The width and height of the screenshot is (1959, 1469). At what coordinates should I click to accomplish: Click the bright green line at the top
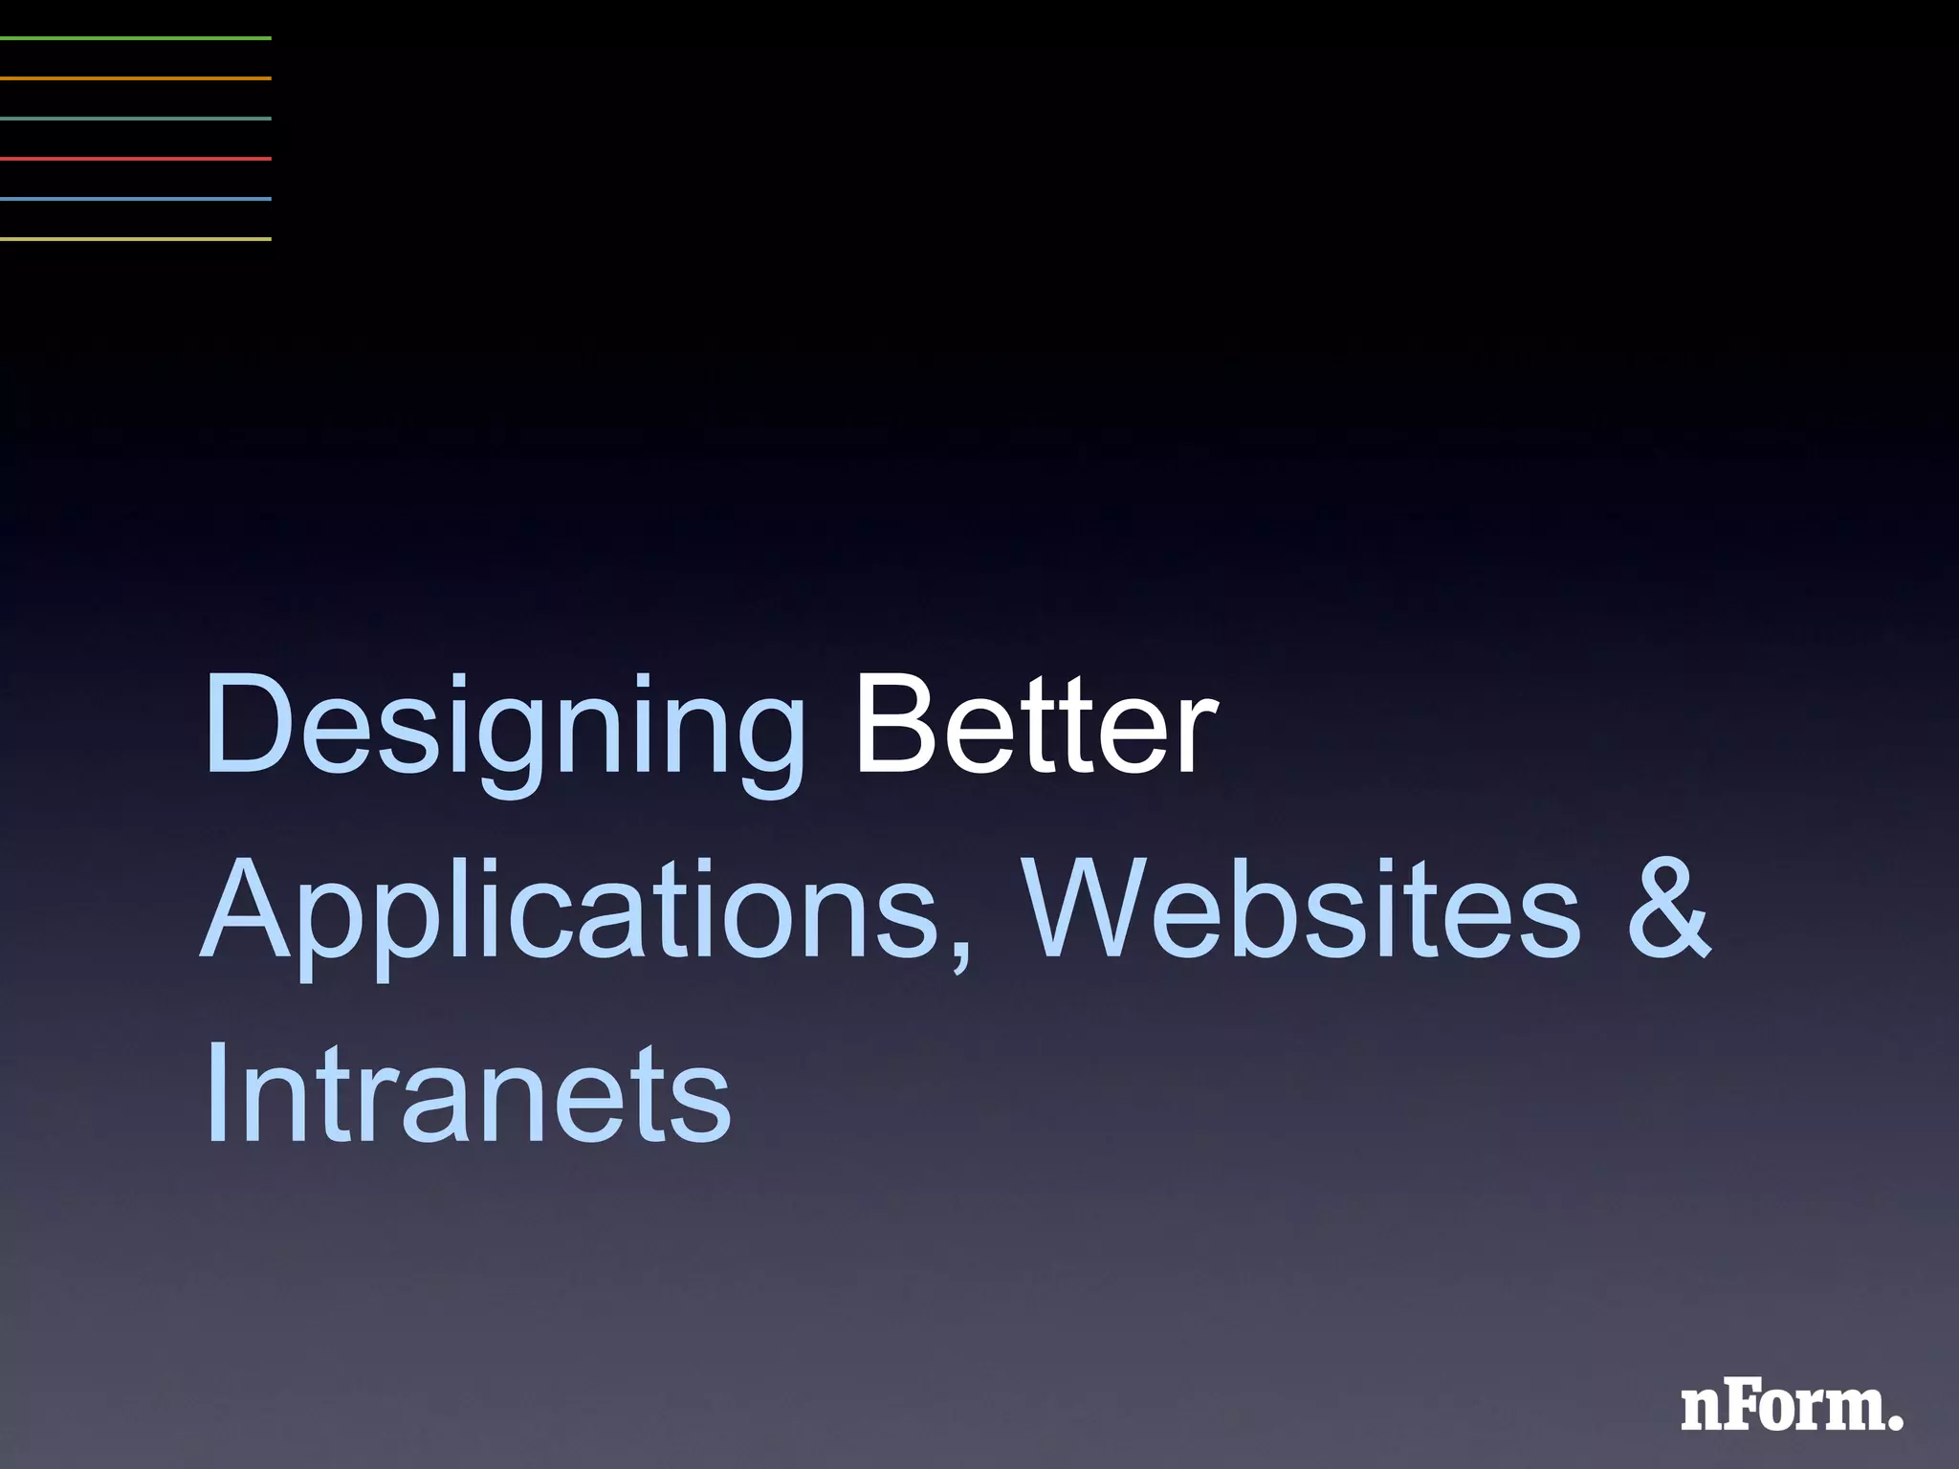(x=136, y=38)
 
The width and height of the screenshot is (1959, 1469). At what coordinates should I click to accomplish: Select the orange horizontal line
(x=136, y=78)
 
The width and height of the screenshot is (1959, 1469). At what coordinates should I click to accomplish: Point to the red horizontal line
(x=136, y=159)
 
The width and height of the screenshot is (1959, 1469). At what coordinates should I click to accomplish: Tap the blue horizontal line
(x=136, y=199)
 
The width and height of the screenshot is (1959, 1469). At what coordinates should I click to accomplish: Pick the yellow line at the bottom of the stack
(x=136, y=239)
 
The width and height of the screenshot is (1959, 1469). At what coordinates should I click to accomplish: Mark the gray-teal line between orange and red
(x=136, y=119)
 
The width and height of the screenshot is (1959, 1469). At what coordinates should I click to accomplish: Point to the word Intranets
(x=468, y=1091)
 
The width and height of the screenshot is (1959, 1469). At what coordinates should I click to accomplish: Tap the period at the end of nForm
(x=1895, y=1422)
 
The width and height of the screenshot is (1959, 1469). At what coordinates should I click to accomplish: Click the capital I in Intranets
(x=215, y=1091)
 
